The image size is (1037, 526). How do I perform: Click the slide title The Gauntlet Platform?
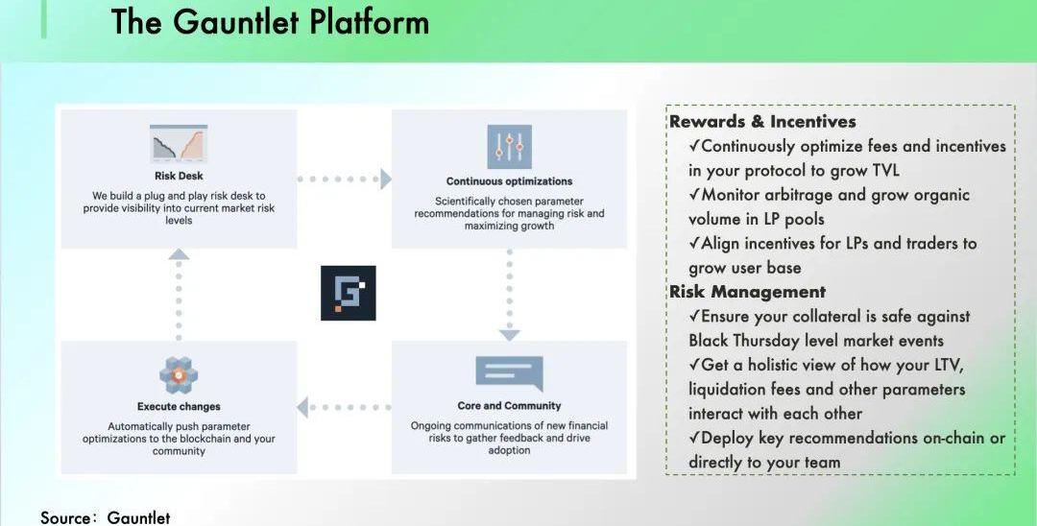(270, 21)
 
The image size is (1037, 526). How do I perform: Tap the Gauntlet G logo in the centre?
(348, 293)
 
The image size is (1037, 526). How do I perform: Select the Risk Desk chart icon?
(179, 145)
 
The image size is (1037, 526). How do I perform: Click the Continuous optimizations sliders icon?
(509, 146)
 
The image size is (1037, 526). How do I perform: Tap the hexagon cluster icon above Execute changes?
(179, 375)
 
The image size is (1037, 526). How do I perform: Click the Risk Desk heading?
(179, 177)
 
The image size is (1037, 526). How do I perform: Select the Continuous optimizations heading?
(509, 181)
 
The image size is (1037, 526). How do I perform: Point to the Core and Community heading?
(509, 406)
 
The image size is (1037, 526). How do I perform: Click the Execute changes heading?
(179, 407)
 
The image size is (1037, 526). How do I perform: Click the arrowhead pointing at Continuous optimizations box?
(385, 179)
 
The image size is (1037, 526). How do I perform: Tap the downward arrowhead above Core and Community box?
(509, 334)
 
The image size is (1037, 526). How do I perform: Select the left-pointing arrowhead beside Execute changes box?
(303, 407)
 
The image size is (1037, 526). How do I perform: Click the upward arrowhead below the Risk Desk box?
(179, 254)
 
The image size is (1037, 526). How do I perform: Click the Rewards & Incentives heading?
(762, 122)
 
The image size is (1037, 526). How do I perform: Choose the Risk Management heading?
(747, 292)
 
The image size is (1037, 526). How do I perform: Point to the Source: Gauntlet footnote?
(105, 517)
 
